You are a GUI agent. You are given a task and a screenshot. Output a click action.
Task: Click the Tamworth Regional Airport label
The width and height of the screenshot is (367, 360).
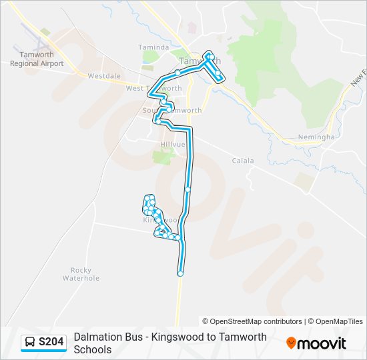[x=37, y=59]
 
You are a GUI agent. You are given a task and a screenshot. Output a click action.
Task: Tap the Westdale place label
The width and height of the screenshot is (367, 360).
[x=103, y=76]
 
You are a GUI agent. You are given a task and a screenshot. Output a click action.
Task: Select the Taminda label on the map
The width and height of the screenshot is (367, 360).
[x=154, y=47]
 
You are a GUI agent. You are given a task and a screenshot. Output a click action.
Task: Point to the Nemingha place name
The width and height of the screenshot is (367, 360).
[x=317, y=137]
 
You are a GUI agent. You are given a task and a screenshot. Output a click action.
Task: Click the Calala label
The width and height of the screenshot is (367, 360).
[x=244, y=161]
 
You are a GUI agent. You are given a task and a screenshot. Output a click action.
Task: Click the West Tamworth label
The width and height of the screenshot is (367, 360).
[x=153, y=88]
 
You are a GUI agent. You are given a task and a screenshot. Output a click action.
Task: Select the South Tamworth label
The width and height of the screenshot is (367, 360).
[x=172, y=110]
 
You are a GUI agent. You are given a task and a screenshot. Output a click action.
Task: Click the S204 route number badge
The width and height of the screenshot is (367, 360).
[x=51, y=342]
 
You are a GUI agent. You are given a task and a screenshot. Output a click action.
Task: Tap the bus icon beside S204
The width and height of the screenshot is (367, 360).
[x=30, y=342]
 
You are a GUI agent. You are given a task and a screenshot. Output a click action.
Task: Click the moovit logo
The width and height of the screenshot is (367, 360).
[x=316, y=343]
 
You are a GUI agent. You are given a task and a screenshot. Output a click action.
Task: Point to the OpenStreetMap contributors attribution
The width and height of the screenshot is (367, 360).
[x=252, y=321]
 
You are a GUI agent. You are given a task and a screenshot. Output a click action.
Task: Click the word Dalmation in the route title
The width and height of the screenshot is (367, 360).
[x=97, y=337]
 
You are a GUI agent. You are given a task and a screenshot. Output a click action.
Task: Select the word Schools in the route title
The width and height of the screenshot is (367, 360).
[x=93, y=349]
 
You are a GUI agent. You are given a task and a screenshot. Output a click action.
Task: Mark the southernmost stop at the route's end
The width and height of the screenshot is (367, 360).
[x=180, y=273]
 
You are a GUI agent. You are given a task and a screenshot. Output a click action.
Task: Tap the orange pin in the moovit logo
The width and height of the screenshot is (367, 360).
[x=291, y=343]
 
